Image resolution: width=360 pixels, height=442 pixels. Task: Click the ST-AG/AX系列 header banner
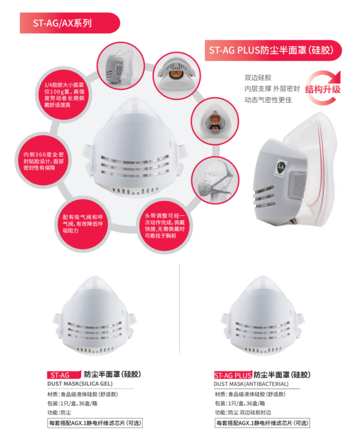[x=70, y=23]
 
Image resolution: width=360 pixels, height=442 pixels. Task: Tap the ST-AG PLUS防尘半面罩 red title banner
[x=273, y=50]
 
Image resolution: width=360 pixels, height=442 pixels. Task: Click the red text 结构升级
[x=322, y=89]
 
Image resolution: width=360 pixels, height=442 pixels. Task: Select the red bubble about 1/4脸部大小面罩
[x=64, y=95]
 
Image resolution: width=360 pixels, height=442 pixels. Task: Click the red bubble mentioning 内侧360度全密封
[x=44, y=161]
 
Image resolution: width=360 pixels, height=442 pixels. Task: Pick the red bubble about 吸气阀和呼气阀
[x=82, y=224]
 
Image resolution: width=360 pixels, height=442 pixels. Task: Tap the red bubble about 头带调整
[x=165, y=226]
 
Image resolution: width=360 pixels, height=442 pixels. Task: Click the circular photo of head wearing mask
[x=215, y=180]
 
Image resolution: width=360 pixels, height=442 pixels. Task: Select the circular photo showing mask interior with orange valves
[x=215, y=122]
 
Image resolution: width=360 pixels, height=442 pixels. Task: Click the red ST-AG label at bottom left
[x=64, y=375]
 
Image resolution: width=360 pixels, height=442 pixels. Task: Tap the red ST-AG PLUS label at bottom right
[x=233, y=375]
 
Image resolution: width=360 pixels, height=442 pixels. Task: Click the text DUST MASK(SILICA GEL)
[x=80, y=384]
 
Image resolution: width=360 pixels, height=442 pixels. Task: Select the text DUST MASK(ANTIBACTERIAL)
[x=251, y=384]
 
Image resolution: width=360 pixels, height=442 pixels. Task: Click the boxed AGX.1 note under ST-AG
[x=95, y=423]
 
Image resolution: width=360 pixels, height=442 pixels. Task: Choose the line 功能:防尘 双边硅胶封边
[x=243, y=412]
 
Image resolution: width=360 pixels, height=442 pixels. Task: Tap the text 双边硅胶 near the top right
[x=258, y=77]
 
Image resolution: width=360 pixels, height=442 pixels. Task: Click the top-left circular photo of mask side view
[x=121, y=66]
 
